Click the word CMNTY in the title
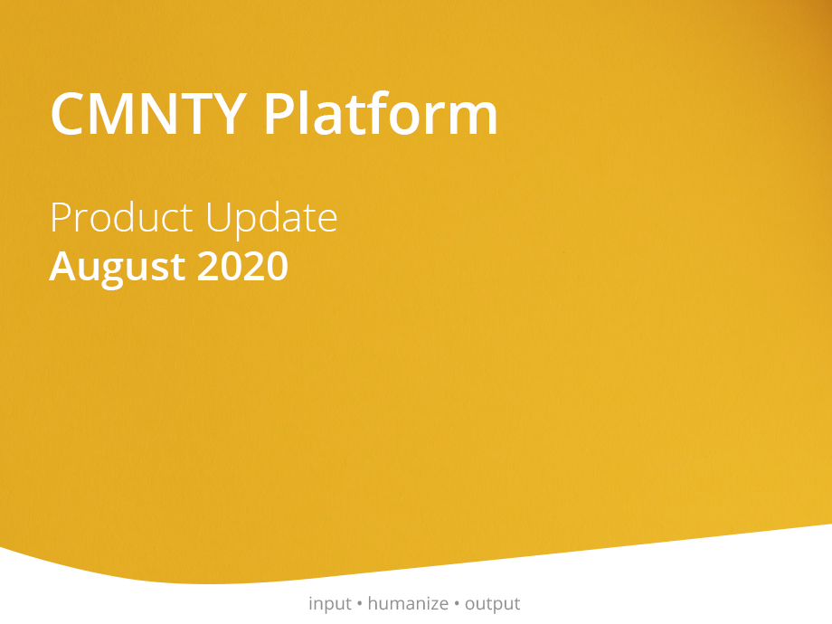(x=148, y=114)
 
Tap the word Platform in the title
(x=381, y=112)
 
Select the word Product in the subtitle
(x=121, y=217)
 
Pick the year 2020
(x=242, y=266)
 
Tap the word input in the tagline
(x=330, y=604)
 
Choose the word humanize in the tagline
(x=408, y=603)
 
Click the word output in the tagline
(x=492, y=604)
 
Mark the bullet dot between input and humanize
(x=360, y=603)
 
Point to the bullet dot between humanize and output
(x=457, y=603)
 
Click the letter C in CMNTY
(x=67, y=114)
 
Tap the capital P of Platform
(x=279, y=114)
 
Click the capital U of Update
(x=218, y=218)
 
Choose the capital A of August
(x=66, y=266)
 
